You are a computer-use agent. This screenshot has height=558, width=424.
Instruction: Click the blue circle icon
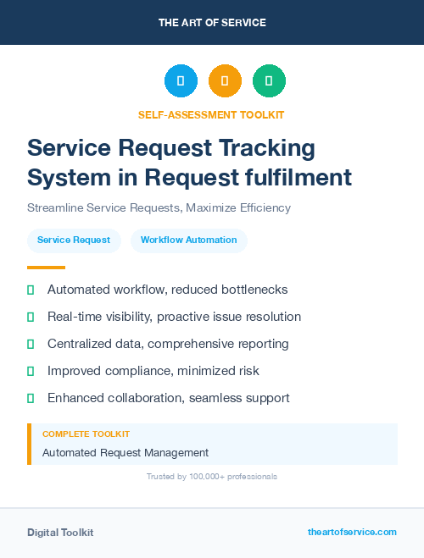pos(181,81)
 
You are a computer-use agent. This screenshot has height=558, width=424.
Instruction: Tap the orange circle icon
pos(225,81)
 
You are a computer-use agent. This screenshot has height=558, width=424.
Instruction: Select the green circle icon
pos(269,81)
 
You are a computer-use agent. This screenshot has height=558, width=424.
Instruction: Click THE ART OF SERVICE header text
pos(212,22)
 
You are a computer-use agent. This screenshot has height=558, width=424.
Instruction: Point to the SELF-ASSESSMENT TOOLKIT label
pos(211,114)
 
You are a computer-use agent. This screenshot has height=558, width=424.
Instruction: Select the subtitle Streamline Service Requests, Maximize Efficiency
pos(159,207)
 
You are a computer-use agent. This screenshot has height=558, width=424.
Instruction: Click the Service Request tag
pos(74,240)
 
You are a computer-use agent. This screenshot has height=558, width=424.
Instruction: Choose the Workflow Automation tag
pos(188,240)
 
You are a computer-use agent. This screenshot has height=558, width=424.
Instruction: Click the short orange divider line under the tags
pos(46,268)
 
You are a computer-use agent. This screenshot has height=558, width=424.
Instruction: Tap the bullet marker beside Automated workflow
pos(31,290)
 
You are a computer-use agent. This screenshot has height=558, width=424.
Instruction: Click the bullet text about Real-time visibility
pos(174,317)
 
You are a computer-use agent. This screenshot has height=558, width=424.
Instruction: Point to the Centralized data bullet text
pos(168,344)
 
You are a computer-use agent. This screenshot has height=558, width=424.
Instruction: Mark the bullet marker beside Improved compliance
pos(31,371)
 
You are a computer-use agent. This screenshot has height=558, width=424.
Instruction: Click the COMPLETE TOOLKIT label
pos(86,434)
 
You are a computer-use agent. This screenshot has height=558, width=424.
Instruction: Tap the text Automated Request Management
pos(126,453)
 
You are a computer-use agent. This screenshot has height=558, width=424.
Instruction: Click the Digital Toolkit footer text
pos(60,533)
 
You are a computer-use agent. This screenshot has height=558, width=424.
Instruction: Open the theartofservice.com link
pos(352,532)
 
